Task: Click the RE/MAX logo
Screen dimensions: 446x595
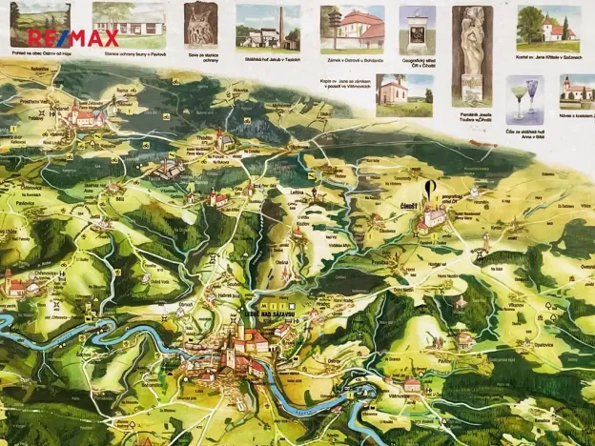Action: point(73,38)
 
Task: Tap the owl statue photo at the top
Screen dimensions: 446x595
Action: point(200,25)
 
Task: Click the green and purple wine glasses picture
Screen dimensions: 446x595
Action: point(523,99)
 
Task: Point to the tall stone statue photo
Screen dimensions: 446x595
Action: point(472,42)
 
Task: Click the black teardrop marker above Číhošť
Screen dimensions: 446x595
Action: point(430,187)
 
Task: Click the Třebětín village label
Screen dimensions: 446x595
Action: point(204,138)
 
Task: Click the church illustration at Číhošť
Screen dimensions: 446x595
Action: point(434,217)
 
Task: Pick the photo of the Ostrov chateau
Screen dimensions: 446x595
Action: point(352,29)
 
